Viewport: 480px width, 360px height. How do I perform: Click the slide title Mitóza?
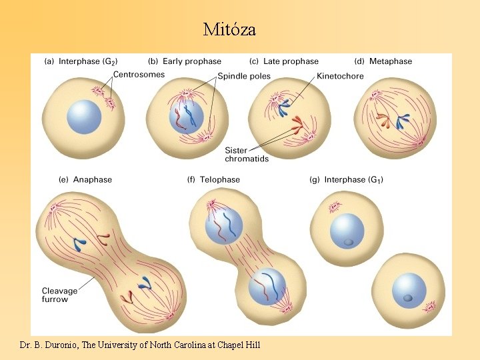[x=229, y=30]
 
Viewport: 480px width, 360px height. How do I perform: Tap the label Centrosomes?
[x=139, y=75]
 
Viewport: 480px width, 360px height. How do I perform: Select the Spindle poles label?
[x=244, y=77]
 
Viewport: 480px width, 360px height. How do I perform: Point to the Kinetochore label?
[x=340, y=76]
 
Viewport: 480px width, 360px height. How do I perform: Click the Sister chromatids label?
[x=247, y=155]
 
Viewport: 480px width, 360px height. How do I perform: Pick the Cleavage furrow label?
[x=59, y=295]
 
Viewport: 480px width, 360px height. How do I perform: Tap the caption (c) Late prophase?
[x=283, y=61]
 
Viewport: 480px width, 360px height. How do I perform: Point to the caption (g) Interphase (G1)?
[x=346, y=180]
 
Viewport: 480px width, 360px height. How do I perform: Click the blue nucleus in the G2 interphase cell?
[x=84, y=117]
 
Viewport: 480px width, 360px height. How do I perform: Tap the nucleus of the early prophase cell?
[x=187, y=115]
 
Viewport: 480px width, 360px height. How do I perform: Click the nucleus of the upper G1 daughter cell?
[x=347, y=231]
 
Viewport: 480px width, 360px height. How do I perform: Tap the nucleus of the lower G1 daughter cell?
[x=409, y=291]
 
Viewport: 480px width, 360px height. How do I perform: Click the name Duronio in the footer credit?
[x=56, y=345]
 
